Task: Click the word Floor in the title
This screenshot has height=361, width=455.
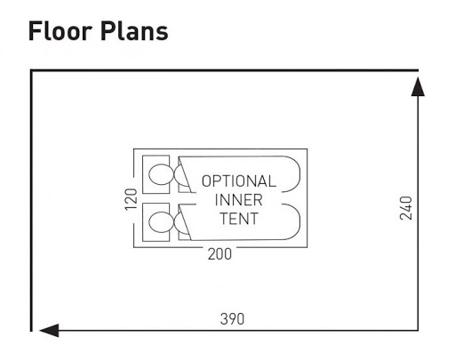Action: click(x=60, y=31)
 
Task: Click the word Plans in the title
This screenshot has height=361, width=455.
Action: click(x=134, y=31)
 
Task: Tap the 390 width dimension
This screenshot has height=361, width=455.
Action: click(x=232, y=319)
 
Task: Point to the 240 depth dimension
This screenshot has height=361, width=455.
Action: click(x=406, y=208)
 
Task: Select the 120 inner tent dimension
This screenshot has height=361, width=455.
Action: click(x=131, y=199)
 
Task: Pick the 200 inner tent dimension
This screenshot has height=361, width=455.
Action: click(x=220, y=254)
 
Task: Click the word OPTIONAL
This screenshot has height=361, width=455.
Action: click(x=239, y=181)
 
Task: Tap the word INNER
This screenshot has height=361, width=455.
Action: click(x=239, y=200)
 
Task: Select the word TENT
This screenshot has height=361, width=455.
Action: click(x=239, y=219)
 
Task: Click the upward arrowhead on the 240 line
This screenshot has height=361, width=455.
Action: click(x=418, y=86)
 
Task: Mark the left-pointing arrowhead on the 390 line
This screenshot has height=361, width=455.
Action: click(x=49, y=330)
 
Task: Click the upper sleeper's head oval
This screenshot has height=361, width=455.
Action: click(x=161, y=174)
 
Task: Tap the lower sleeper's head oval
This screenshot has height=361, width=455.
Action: click(x=161, y=222)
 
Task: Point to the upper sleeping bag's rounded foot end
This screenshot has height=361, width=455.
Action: click(x=299, y=174)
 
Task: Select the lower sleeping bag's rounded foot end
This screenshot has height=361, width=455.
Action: click(x=299, y=221)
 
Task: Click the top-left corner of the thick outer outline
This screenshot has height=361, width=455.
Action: click(x=31, y=70)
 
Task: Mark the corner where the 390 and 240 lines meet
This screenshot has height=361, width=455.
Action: click(x=418, y=330)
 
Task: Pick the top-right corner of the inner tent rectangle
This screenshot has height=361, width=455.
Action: click(x=307, y=148)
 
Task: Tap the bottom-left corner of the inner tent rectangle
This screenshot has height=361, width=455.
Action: click(x=134, y=247)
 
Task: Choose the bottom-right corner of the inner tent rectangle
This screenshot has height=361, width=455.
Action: click(x=307, y=247)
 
